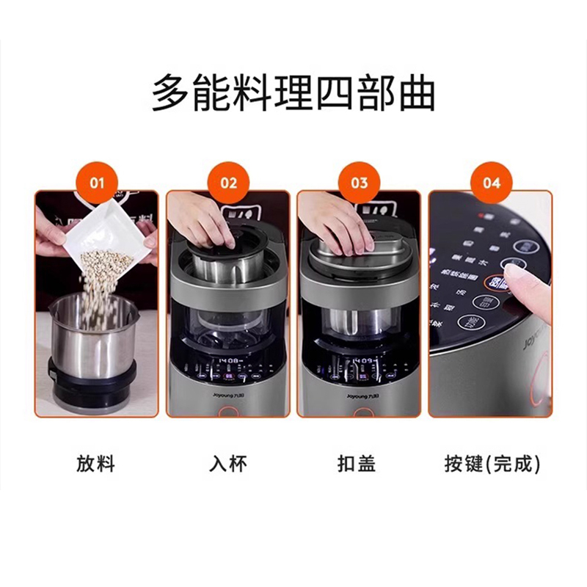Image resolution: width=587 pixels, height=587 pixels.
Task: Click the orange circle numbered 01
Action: click(98, 181)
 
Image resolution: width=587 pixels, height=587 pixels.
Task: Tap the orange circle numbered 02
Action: click(229, 181)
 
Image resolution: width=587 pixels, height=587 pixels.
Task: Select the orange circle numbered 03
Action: click(360, 181)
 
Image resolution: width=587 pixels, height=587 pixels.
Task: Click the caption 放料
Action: click(96, 464)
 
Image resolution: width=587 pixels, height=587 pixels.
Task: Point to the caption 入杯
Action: click(228, 464)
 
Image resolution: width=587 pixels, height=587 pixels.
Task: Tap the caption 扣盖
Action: click(359, 464)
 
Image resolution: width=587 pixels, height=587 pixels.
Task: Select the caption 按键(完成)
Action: click(492, 464)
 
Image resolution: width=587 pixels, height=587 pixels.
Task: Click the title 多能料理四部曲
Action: click(293, 93)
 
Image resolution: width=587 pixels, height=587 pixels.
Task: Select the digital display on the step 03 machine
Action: click(364, 361)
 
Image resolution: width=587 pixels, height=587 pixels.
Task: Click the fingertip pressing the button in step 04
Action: click(514, 280)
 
